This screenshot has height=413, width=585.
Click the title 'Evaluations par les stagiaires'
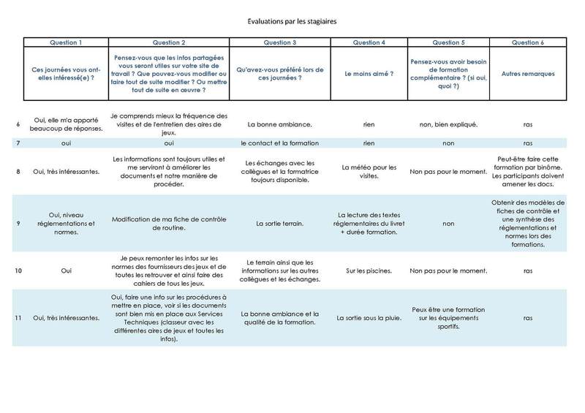point(292,20)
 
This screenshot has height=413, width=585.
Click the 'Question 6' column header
point(527,42)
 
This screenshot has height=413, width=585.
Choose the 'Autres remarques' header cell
point(527,74)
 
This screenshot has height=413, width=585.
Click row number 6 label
point(17,124)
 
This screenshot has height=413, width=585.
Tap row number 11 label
point(17,319)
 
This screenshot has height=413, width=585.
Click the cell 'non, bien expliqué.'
point(448,124)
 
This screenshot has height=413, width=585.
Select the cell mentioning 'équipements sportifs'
point(448,319)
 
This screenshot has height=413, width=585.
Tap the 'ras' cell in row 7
point(527,143)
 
